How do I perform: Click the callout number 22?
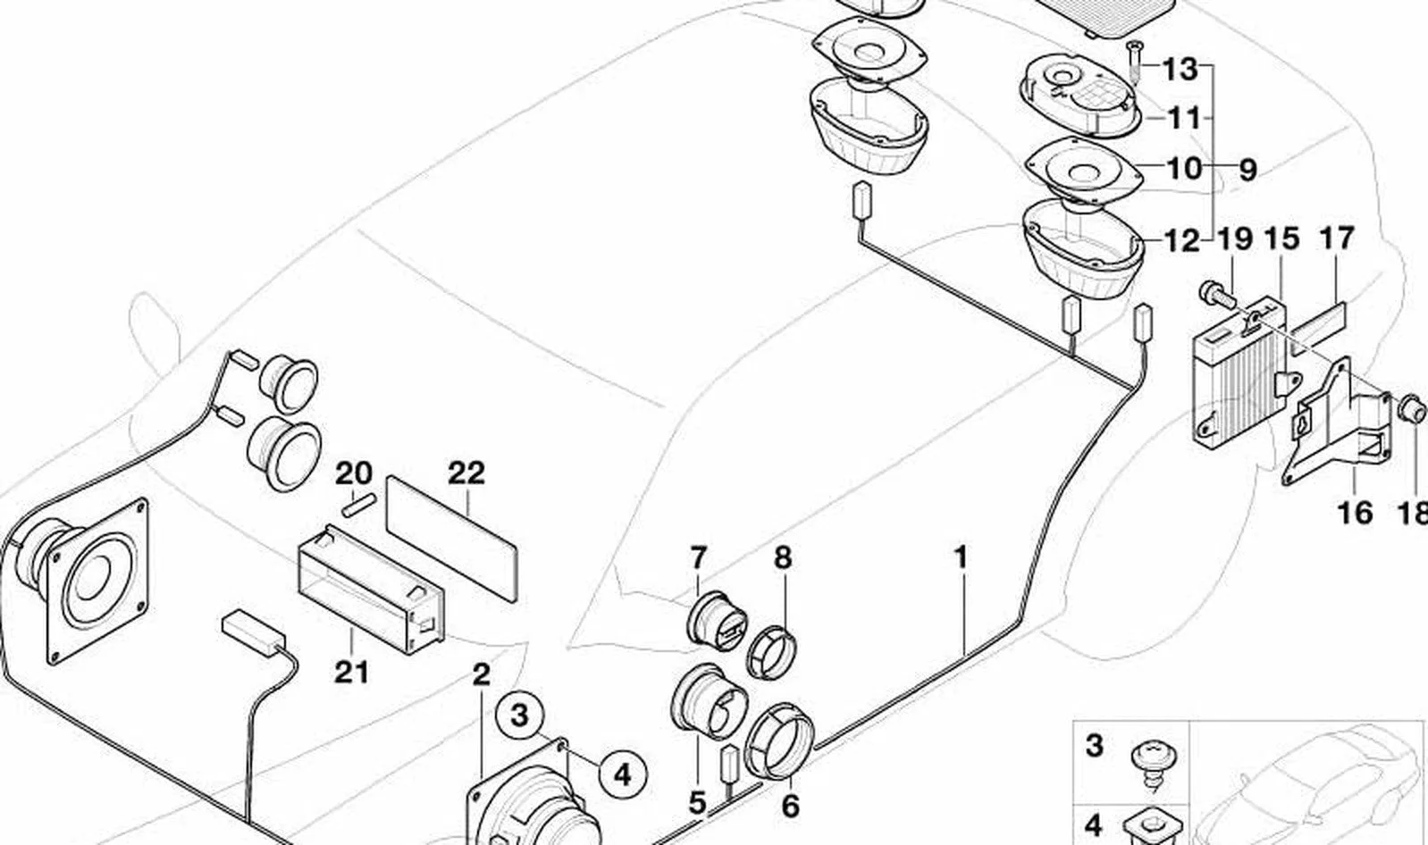click(466, 473)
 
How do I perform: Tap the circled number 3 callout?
click(520, 715)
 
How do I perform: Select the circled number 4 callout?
click(623, 775)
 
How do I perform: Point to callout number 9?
click(1247, 170)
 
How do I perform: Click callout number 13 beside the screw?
click(1180, 68)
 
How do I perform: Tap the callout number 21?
click(351, 672)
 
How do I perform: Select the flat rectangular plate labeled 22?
click(452, 539)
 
